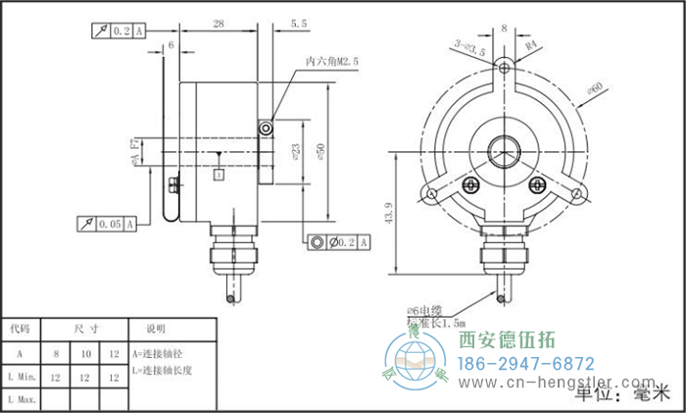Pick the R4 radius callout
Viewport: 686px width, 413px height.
point(534,44)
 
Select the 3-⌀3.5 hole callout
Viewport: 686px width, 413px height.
point(470,45)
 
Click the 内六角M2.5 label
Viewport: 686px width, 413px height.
point(333,61)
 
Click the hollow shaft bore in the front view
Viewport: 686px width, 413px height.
point(505,154)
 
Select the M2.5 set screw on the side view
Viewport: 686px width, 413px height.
point(267,129)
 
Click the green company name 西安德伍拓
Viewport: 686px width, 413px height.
point(507,340)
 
